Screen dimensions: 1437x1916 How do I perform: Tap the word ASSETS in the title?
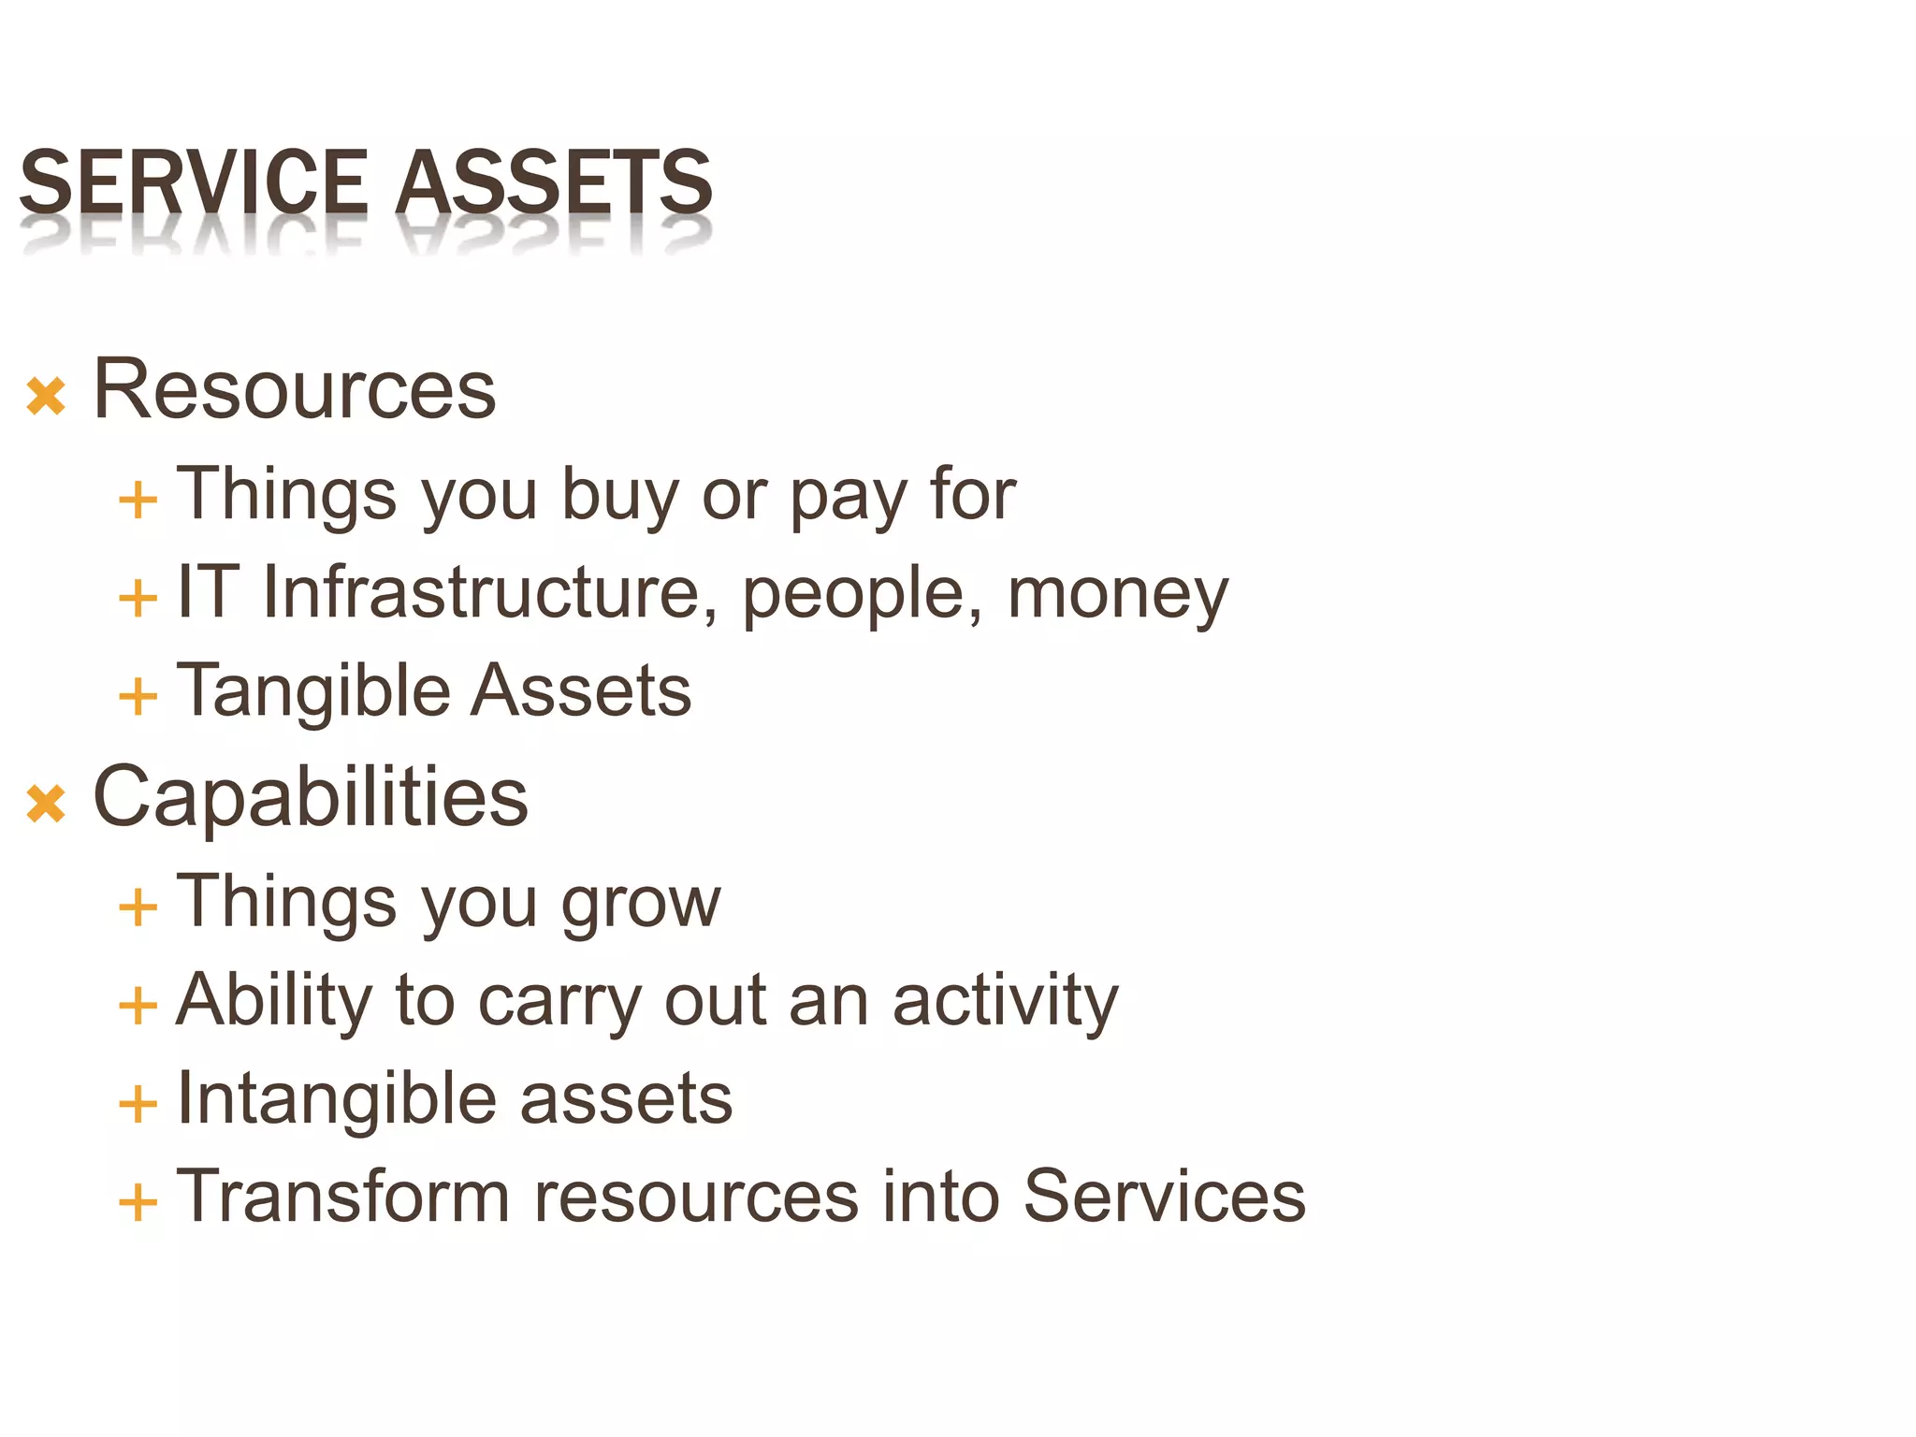tap(554, 182)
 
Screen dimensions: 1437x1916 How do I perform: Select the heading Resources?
tap(295, 389)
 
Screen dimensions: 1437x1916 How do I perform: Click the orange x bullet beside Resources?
tap(46, 396)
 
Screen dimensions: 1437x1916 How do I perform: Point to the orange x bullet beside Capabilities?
tap(46, 804)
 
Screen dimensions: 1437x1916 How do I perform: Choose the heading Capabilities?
tap(311, 797)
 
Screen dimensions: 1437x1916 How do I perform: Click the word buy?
tap(619, 495)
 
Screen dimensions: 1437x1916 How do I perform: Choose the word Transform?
tap(342, 1197)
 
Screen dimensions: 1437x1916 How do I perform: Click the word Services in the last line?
tap(1164, 1197)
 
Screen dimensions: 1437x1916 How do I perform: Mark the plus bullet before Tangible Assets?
tap(138, 697)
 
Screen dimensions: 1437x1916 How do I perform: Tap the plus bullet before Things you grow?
tap(138, 908)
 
